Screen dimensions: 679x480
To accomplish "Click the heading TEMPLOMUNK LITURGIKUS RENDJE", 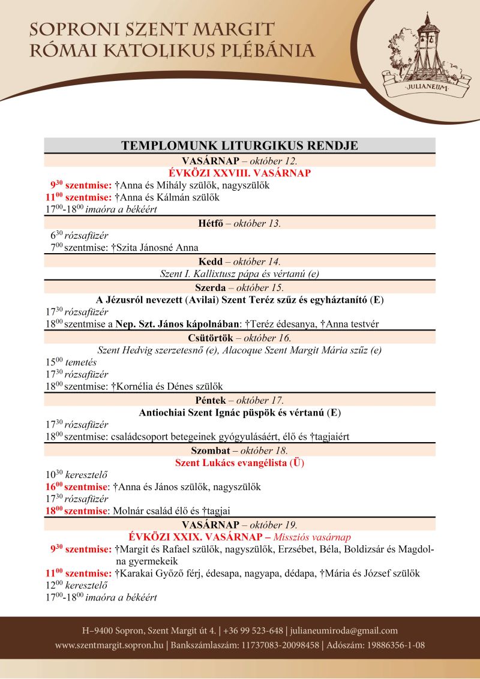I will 239,146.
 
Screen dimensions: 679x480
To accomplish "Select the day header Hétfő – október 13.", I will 239,224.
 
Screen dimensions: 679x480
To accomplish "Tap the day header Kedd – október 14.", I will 239,262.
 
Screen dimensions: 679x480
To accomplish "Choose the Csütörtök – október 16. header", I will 239,338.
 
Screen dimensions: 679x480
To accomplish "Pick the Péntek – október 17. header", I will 239,400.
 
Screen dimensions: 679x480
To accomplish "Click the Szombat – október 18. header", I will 239,450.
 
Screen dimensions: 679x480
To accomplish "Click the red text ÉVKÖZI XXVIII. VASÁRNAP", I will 239,173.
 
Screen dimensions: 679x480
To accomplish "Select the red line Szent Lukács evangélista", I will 239,462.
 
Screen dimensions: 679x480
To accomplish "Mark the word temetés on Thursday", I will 81,362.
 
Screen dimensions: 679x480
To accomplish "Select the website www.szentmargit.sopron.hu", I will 110,645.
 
